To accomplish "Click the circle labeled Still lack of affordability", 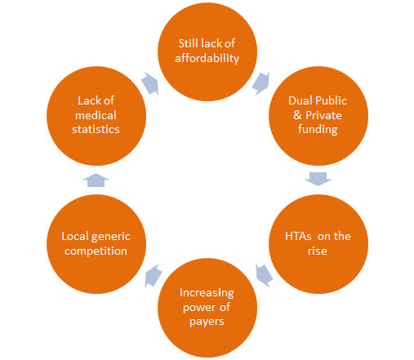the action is (x=207, y=51).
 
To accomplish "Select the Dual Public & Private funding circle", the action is (x=318, y=116).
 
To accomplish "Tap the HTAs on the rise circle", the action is (x=318, y=244).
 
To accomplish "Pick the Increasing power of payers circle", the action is (x=207, y=308).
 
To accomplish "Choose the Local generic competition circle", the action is (x=96, y=244).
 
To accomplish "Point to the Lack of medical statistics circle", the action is (x=96, y=116).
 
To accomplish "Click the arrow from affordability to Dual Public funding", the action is (x=261, y=83).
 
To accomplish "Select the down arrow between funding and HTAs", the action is (x=318, y=179).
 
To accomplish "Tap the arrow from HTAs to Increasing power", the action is (x=264, y=275).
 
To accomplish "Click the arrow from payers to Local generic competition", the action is (x=153, y=275).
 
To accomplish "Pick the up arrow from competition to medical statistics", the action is (x=96, y=180).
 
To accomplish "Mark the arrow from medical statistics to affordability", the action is (x=150, y=83).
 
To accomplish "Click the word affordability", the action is (x=207, y=58).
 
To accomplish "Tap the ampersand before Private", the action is (x=297, y=115).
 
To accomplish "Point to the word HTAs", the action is (x=298, y=236).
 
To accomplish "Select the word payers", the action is (x=207, y=322).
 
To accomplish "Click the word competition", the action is (x=96, y=251).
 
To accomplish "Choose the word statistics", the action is (x=96, y=130).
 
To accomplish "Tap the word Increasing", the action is (x=207, y=293).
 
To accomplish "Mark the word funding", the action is (x=318, y=129).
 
